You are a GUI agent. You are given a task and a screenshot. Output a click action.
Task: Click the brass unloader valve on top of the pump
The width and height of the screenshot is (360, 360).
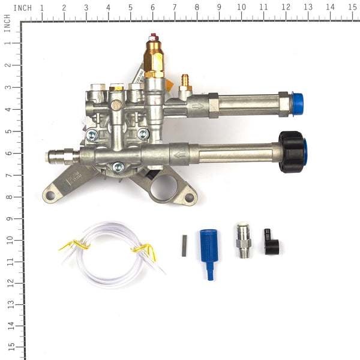coord(154,57)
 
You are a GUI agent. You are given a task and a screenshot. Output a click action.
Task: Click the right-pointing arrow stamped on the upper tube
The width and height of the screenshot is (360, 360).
coord(197,106)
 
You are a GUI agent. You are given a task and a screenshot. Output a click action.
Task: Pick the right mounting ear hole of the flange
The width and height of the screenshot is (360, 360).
coord(190,197)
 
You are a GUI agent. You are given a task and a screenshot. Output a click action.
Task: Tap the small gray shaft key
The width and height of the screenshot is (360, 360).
coord(184,246)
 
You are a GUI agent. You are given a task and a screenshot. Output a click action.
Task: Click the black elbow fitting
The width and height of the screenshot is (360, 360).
coord(269,243)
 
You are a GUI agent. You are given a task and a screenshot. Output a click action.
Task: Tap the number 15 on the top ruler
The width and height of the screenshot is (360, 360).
coord(352,8)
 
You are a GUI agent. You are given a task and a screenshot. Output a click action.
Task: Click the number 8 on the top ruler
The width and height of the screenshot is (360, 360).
coord(197,8)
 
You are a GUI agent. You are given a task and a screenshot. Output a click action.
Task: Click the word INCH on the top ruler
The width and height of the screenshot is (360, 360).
coord(22,8)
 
